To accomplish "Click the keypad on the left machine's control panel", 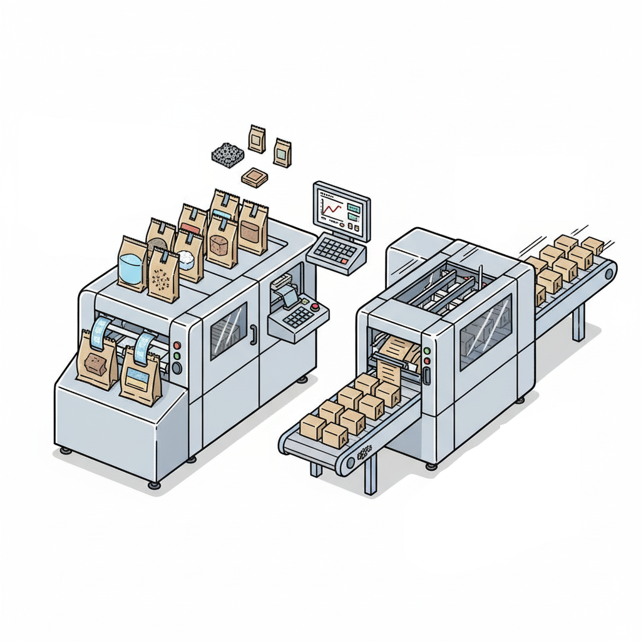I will click(300, 317).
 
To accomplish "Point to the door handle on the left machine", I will click(254, 334).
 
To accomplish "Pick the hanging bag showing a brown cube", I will click(97, 364).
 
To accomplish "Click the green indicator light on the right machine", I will click(427, 351).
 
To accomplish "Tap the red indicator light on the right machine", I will click(427, 361).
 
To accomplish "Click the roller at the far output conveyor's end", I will click(608, 274).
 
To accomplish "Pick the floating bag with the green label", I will click(282, 153).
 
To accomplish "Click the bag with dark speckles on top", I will click(163, 276).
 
